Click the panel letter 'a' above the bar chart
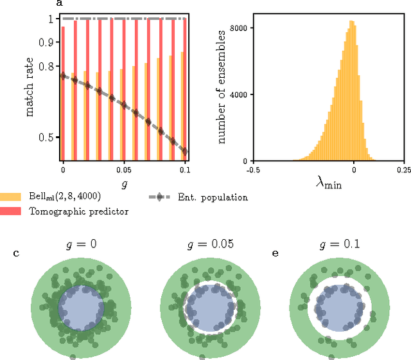60,3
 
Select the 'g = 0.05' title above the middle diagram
198,244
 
